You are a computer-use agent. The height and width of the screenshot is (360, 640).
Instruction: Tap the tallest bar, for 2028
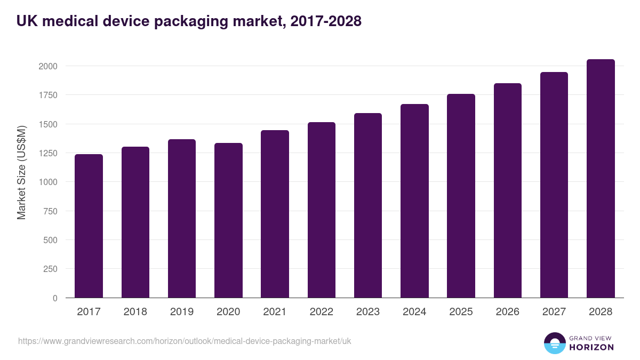(x=601, y=178)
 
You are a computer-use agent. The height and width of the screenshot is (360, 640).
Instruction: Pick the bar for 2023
(x=368, y=205)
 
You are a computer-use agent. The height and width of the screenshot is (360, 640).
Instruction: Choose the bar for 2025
(x=461, y=196)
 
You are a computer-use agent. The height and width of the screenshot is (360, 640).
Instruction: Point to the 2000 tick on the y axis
(x=47, y=66)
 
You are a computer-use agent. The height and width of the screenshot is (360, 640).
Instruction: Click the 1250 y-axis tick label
(x=47, y=153)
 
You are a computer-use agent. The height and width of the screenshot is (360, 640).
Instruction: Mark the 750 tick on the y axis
(x=50, y=211)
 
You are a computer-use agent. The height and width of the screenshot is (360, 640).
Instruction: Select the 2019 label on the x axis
(x=182, y=312)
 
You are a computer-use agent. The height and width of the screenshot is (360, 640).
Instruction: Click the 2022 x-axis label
(x=321, y=312)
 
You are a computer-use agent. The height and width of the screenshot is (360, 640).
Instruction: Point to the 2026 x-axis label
(x=507, y=312)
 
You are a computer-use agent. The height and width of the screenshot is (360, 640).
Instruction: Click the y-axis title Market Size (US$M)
(x=21, y=173)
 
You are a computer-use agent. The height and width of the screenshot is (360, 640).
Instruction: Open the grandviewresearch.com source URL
(x=185, y=341)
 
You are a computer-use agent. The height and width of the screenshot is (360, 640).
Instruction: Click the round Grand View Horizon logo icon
(x=554, y=343)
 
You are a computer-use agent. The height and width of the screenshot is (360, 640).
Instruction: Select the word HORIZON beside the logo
(x=592, y=347)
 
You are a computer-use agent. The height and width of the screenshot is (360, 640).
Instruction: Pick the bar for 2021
(x=275, y=214)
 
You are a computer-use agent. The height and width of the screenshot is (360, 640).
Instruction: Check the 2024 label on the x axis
(x=414, y=312)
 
